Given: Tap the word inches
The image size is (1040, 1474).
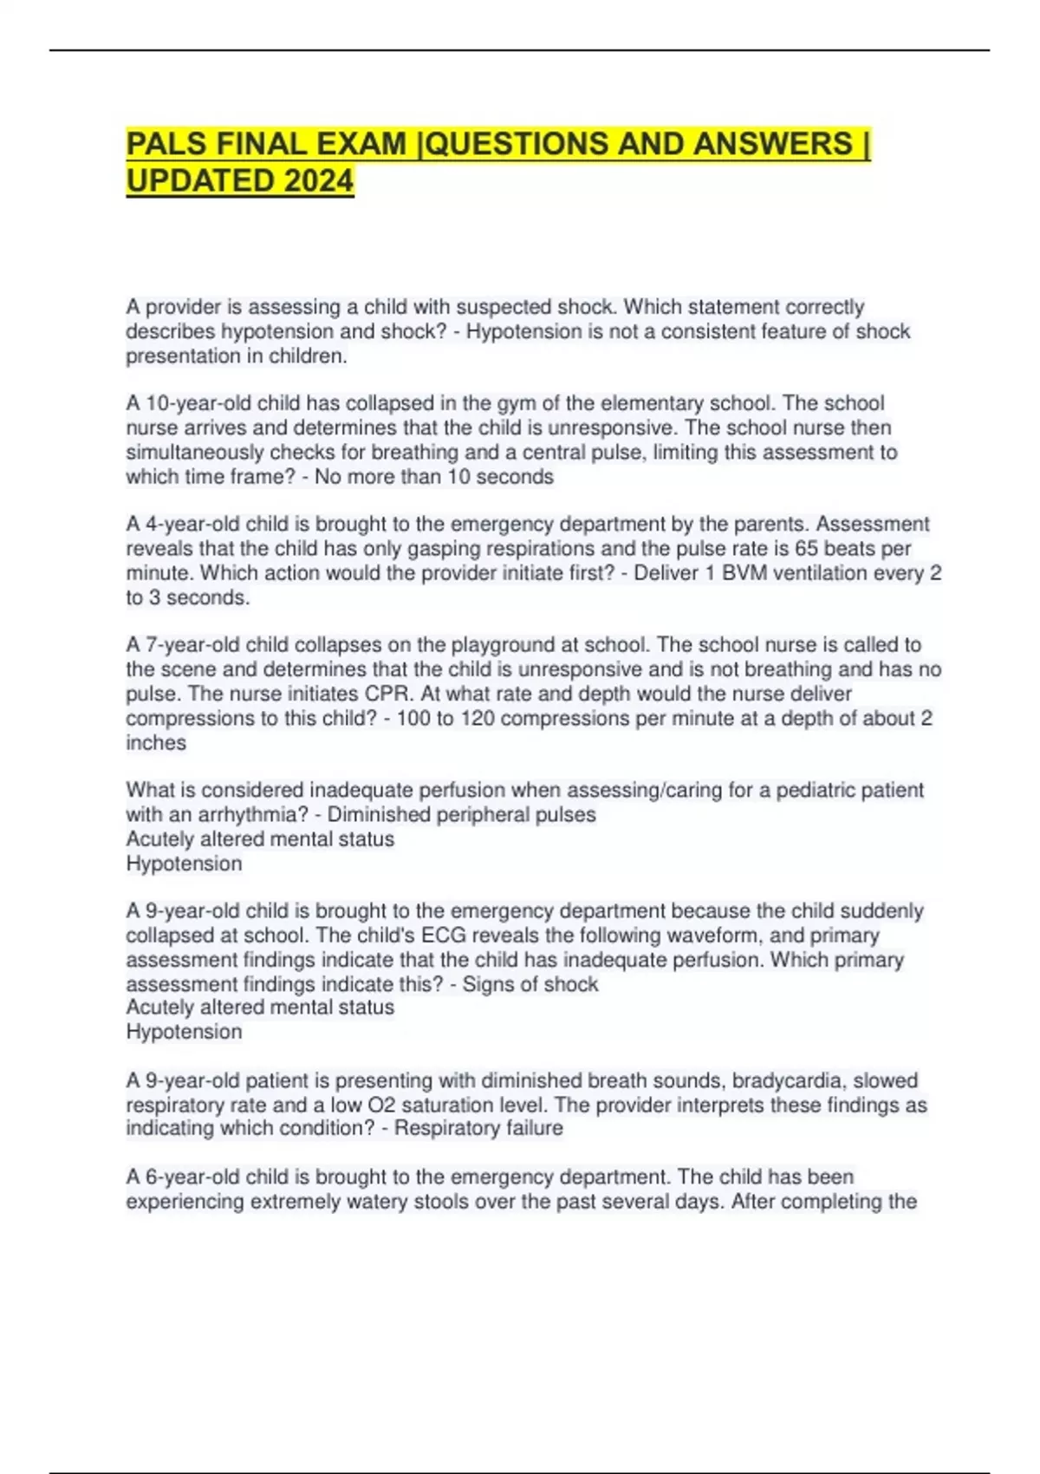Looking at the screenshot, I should (156, 742).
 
